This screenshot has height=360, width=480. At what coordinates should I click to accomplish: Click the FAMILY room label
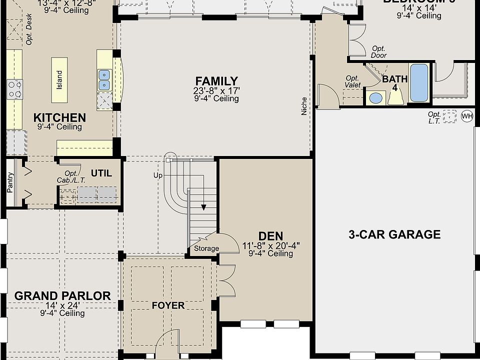(x=216, y=81)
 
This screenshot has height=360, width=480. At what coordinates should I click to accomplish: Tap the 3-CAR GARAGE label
(x=394, y=234)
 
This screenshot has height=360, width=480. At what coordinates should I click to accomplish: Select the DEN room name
(x=270, y=236)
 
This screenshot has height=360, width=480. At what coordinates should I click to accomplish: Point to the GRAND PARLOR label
(x=62, y=295)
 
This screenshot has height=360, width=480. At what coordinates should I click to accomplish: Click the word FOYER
(x=168, y=305)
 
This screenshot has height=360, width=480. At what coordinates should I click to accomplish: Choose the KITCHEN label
(x=59, y=117)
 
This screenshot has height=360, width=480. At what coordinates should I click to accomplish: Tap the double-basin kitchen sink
(x=104, y=75)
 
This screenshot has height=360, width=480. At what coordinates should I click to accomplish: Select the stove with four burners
(x=14, y=89)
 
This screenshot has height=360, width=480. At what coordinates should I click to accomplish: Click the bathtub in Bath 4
(x=419, y=82)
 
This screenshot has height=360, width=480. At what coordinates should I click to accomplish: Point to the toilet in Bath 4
(x=396, y=97)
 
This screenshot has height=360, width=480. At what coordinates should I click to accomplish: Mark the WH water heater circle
(x=467, y=116)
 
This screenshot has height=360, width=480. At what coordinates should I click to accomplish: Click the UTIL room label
(x=101, y=173)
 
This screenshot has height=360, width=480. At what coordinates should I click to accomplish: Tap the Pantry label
(x=10, y=182)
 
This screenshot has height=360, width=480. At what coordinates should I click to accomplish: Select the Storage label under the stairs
(x=206, y=248)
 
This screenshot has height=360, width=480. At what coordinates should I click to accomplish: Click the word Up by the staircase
(x=158, y=175)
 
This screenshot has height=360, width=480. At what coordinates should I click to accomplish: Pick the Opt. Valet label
(x=353, y=81)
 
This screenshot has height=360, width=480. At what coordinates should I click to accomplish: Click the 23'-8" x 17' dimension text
(x=216, y=90)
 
